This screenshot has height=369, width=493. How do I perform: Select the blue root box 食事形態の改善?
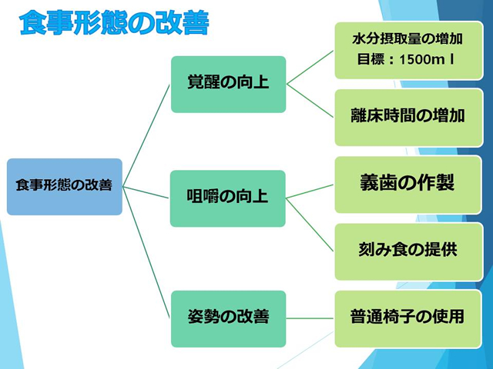pos(65,186)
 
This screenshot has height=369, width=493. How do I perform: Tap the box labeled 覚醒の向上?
pos(228,84)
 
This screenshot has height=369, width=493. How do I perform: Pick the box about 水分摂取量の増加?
pos(407,50)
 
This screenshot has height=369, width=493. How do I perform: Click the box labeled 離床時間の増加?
pos(407,117)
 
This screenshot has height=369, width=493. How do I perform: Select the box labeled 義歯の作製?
pos(407,184)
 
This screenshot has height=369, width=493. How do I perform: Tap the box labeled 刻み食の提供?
pos(407,251)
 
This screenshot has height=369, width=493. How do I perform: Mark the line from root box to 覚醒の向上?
pos(146,135)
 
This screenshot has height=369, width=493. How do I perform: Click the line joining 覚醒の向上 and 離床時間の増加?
pos(310,101)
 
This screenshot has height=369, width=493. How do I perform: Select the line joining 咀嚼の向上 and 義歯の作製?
pos(310,191)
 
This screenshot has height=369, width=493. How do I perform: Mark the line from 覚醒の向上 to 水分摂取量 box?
pos(310,67)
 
